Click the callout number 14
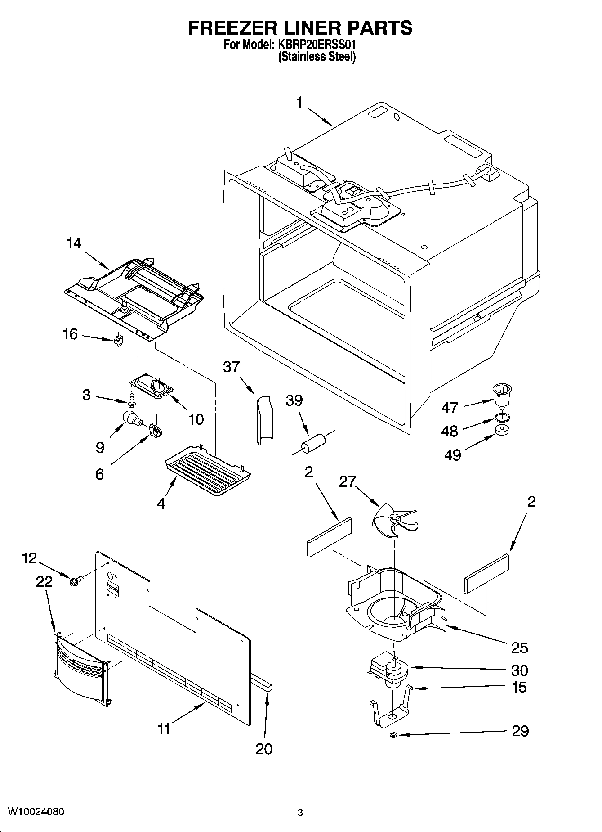[x=74, y=243]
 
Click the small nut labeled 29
[x=392, y=735]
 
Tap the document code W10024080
[x=36, y=812]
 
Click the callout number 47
[x=450, y=407]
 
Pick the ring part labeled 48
[x=503, y=417]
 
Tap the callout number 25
[x=519, y=648]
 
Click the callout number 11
[x=164, y=729]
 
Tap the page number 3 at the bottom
[x=300, y=813]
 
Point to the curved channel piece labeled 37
[x=264, y=419]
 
